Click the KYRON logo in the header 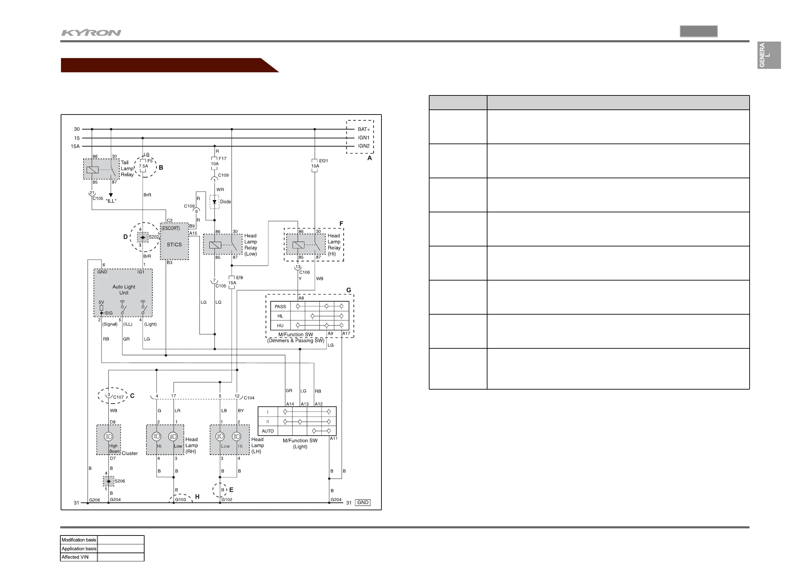(91, 33)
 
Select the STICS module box (174, 241)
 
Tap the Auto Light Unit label (124, 290)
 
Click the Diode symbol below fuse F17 (214, 201)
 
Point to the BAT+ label (364, 130)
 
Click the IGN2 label (364, 146)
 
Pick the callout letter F (341, 224)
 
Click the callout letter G (349, 290)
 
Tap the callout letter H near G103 (197, 497)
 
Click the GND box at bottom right (363, 502)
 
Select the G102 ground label (227, 500)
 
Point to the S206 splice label (120, 481)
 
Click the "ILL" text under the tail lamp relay (111, 201)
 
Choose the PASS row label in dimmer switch (281, 307)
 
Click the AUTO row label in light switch (268, 431)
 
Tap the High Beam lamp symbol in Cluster (108, 436)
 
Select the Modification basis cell (79, 540)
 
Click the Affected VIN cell (75, 557)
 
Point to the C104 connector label (249, 398)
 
